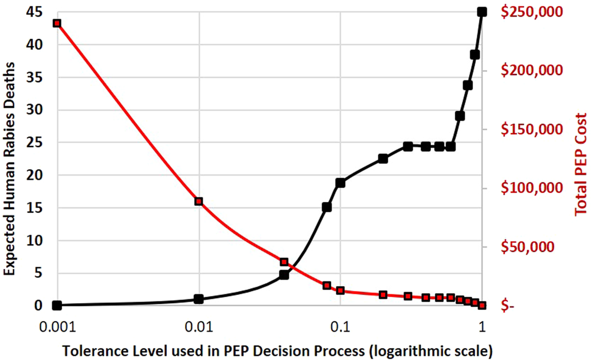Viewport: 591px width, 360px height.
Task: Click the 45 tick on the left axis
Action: (x=37, y=11)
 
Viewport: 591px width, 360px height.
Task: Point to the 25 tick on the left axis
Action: (x=37, y=142)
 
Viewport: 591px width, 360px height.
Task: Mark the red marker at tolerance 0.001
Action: (x=57, y=23)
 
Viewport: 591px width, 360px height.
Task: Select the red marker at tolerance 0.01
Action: (x=199, y=202)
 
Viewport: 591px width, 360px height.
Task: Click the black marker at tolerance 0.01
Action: (x=199, y=299)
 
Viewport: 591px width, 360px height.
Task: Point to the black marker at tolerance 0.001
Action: (x=57, y=305)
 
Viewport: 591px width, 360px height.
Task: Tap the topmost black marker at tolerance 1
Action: (x=482, y=12)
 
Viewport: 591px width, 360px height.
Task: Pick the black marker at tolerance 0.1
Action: (x=340, y=183)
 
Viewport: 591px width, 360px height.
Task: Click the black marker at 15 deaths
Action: (x=326, y=207)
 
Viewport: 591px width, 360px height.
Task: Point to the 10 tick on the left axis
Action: (x=37, y=241)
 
